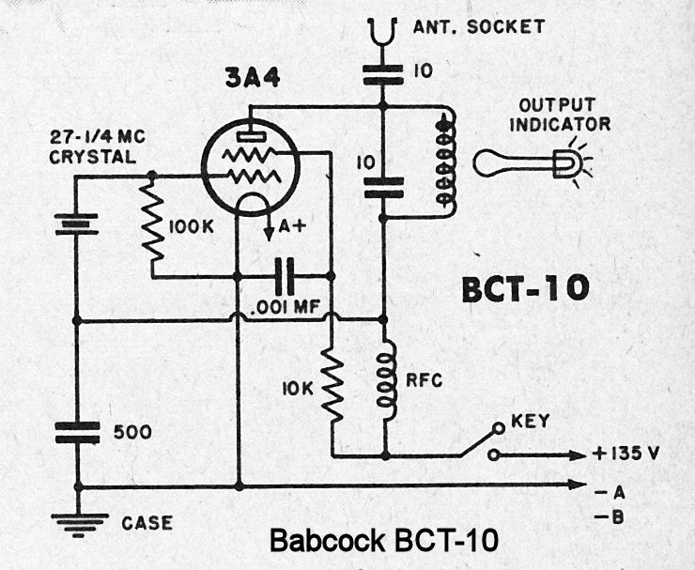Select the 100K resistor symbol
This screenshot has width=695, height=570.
tap(151, 225)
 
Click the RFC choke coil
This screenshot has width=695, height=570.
tap(385, 379)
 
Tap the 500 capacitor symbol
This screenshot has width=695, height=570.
tap(77, 433)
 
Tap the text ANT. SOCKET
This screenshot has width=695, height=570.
tap(478, 26)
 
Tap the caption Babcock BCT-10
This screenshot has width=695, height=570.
tap(382, 542)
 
